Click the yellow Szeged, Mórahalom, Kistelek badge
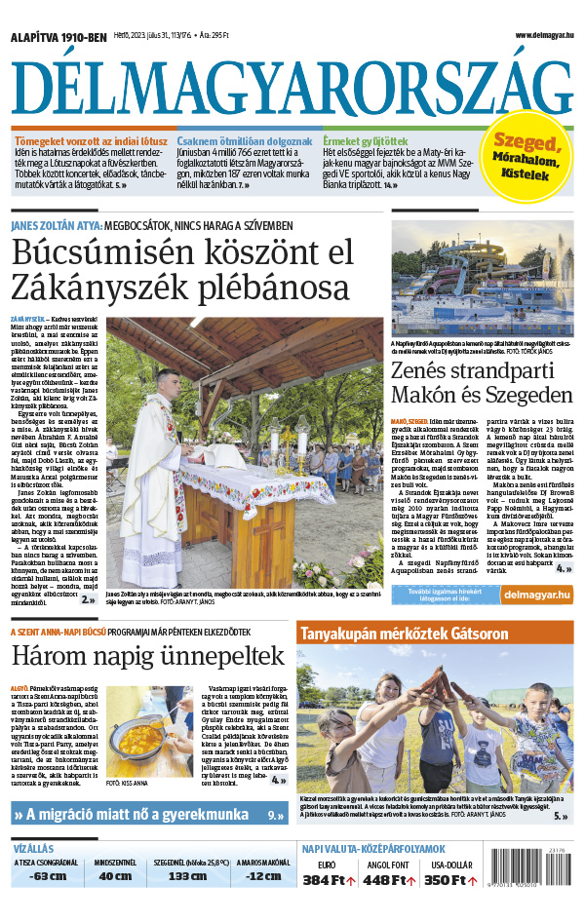click(530, 156)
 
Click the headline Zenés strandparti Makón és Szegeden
click(481, 382)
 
